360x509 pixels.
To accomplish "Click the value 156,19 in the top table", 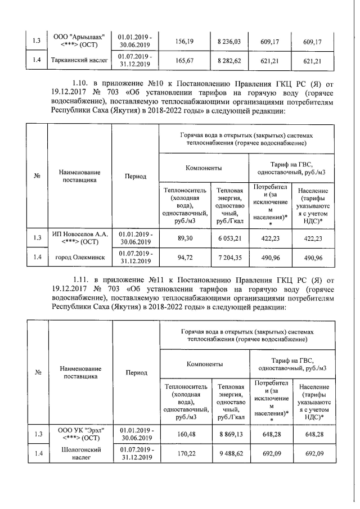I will pos(185,41).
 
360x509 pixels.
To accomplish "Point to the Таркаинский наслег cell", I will pos(79,61).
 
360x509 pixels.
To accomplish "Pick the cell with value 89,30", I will pos(185,237).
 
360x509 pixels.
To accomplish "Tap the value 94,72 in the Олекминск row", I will pos(185,257).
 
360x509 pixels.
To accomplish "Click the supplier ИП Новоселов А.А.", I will pos(79,233).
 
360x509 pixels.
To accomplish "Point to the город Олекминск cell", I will pos(79,257).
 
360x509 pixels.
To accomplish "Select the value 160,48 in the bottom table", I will pos(185,434).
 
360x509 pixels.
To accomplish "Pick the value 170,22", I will pos(185,453).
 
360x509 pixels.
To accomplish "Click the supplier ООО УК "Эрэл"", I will pos(79,430).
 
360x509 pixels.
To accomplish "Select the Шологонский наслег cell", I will pos(79,453).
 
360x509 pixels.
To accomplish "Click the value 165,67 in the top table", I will pos(185,61).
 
